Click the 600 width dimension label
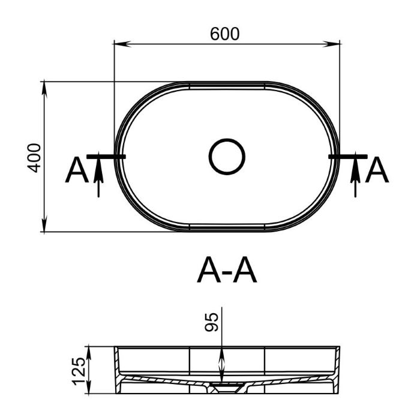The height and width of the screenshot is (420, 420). pos(224,34)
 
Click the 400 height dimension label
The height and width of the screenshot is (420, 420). pos(34,158)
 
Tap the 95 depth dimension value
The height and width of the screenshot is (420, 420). pos(212,322)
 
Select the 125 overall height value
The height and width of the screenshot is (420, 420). pos(79,371)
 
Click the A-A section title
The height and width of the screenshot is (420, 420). pos(227,270)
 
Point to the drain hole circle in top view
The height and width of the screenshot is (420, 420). pos(227,157)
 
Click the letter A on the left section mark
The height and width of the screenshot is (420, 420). pos(77,170)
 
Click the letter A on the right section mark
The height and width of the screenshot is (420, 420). pos(377,170)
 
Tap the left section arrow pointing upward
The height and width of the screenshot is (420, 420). pos(98,175)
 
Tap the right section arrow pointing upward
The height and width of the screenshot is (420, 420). pos(355,175)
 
